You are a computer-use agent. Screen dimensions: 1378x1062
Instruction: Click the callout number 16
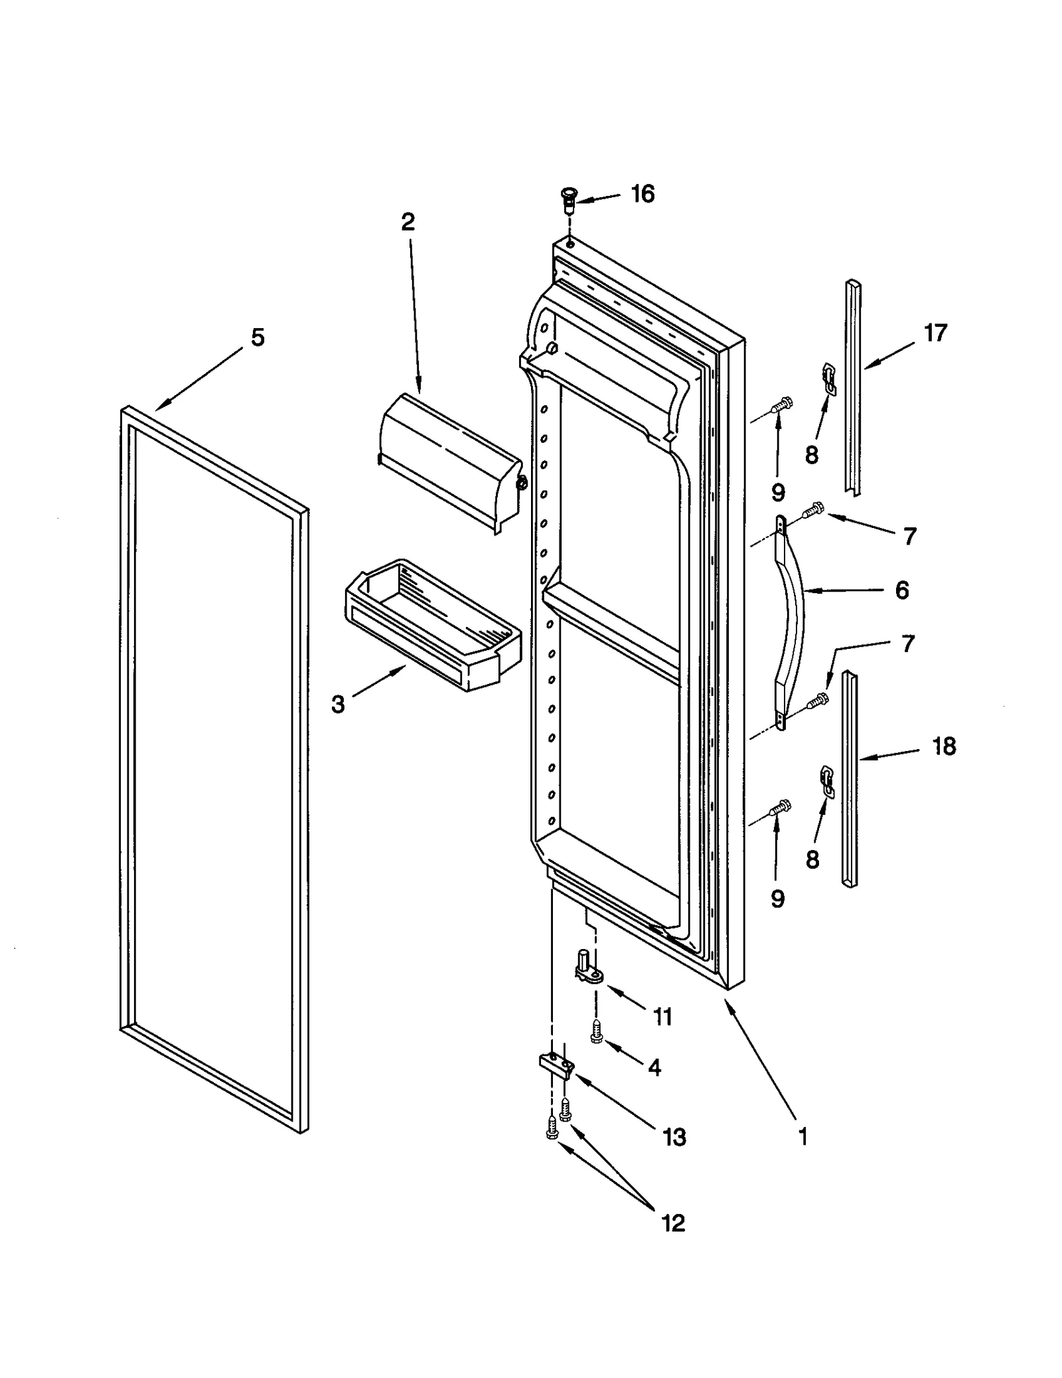tap(642, 194)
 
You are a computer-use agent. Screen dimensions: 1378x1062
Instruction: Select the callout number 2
tap(408, 222)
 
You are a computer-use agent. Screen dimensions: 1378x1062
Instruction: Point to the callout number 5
tap(258, 337)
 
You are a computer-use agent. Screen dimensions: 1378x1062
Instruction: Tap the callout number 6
tap(901, 590)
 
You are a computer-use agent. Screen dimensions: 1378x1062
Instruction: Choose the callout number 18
tap(944, 746)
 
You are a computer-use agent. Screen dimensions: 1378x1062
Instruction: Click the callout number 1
tap(803, 1136)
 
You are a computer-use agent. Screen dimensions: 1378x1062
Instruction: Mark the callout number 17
tap(935, 333)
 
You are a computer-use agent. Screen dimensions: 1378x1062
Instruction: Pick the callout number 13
tap(674, 1137)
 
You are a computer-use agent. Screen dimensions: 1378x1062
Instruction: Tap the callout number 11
tap(662, 1017)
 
